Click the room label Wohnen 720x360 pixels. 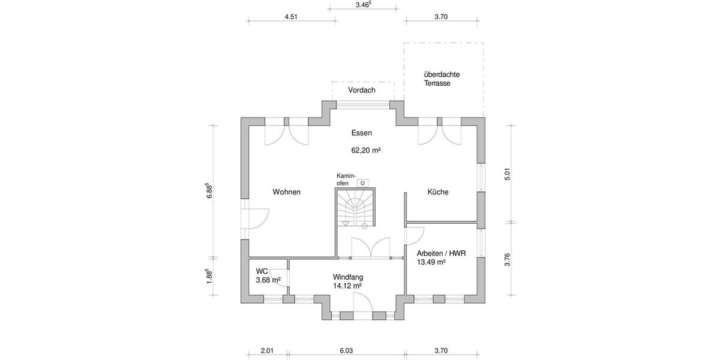(x=286, y=192)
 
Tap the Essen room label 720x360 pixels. (x=362, y=133)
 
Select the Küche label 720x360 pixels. (x=438, y=192)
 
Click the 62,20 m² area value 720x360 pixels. (x=366, y=151)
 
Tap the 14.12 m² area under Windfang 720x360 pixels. (x=347, y=286)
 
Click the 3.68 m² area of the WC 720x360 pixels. (x=268, y=280)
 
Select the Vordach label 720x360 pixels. (x=362, y=90)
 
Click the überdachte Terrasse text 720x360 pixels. (x=442, y=79)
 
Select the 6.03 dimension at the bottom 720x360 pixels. (x=347, y=351)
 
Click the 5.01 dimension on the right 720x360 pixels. (x=507, y=175)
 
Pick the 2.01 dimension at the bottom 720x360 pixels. (x=267, y=351)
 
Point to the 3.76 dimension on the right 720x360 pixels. (x=507, y=259)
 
